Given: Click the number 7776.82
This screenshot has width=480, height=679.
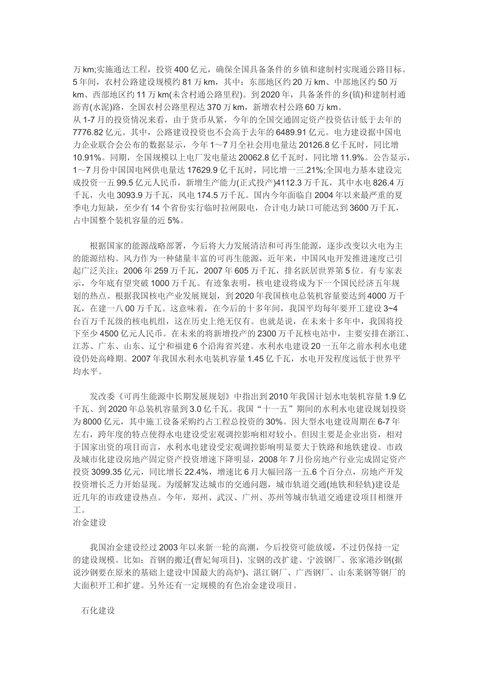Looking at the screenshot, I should [89, 132].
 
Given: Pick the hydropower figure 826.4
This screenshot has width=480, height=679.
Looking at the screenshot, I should [380, 181].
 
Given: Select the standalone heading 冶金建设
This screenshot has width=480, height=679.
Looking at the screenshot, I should [89, 522].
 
